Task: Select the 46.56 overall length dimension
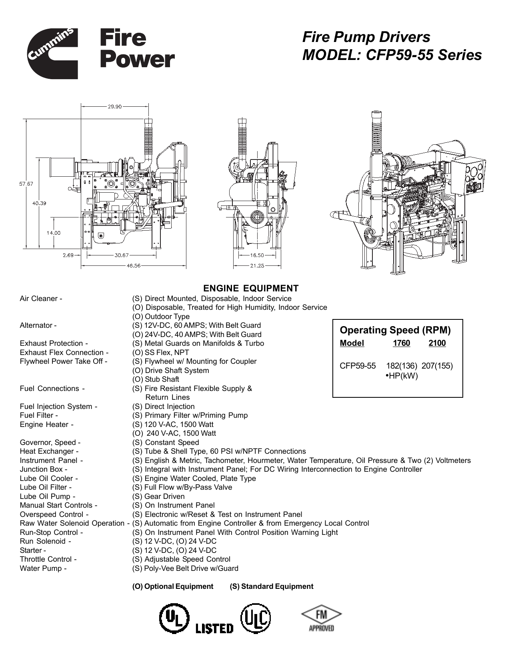click(x=134, y=265)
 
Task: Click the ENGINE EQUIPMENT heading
click(x=251, y=289)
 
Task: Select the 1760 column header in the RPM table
click(x=401, y=343)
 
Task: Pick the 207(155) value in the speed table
click(x=437, y=366)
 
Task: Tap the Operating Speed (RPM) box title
click(x=395, y=330)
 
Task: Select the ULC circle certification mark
click(x=256, y=619)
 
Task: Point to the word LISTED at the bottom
click(x=214, y=628)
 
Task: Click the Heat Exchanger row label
click(x=46, y=451)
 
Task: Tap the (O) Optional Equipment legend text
click(x=172, y=586)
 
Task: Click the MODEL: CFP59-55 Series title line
click(x=392, y=55)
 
